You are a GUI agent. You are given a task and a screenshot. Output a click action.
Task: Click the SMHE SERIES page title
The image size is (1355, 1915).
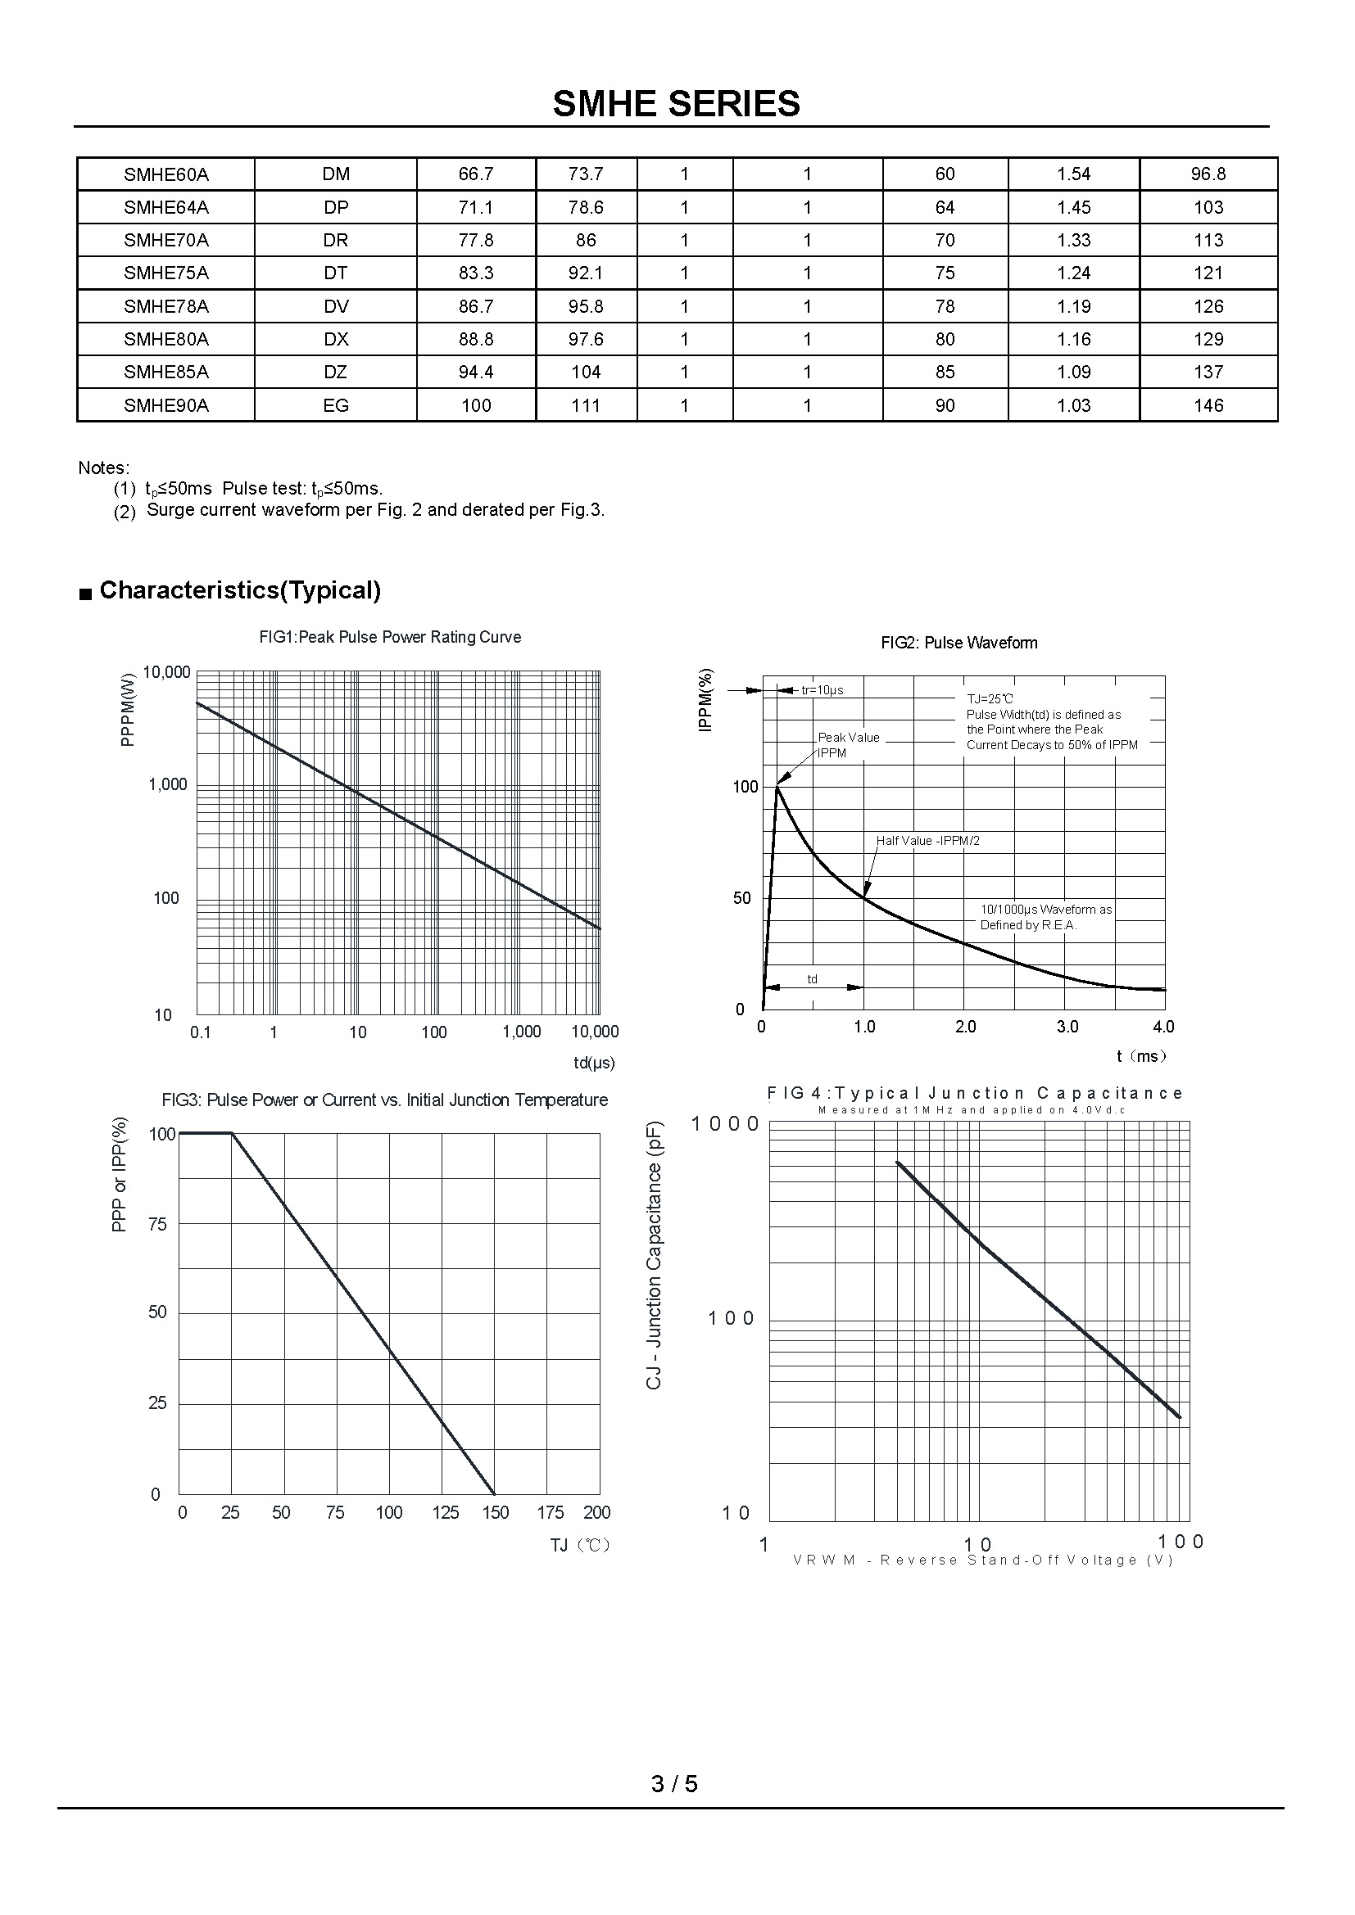click(676, 104)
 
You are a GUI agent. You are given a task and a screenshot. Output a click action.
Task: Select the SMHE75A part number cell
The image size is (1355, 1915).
click(166, 273)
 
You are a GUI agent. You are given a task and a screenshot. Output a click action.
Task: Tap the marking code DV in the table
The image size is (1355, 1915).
click(335, 306)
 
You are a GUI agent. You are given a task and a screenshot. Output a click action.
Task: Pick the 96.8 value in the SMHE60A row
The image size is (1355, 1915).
click(1208, 174)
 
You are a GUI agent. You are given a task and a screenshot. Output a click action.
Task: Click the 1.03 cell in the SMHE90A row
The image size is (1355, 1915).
click(1073, 405)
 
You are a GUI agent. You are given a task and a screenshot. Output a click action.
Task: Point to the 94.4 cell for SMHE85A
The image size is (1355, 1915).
click(476, 372)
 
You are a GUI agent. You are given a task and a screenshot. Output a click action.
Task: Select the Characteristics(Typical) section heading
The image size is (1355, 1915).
click(239, 590)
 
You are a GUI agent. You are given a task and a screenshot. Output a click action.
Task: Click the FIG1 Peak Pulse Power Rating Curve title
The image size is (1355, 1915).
click(390, 637)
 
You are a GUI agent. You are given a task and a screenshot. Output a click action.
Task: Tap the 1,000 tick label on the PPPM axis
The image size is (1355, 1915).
click(168, 784)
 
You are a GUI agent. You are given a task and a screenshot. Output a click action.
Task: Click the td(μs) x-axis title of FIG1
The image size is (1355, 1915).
click(594, 1063)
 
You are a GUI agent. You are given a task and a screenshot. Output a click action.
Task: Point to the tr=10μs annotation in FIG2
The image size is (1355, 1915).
click(822, 689)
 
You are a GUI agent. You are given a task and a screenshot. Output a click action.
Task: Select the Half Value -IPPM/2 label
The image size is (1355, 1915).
click(928, 841)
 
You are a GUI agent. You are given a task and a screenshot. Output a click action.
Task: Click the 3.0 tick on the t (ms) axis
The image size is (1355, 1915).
click(1067, 1027)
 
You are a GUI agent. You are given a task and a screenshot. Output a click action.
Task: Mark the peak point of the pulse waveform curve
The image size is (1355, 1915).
click(777, 786)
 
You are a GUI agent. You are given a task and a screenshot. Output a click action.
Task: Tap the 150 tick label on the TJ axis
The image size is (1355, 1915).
click(495, 1513)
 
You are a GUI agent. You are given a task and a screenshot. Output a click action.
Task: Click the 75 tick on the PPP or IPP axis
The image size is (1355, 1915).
click(157, 1224)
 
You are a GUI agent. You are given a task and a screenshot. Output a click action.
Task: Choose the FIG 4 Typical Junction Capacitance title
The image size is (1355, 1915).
click(975, 1093)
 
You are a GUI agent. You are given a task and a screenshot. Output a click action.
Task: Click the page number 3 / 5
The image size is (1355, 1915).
click(674, 1783)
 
